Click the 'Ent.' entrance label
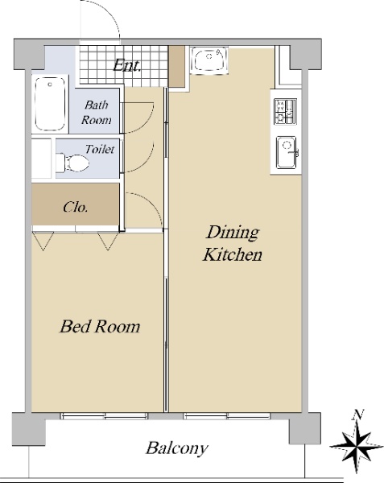coord(126,65)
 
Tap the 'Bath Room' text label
coord(96,113)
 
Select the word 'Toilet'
coord(100,150)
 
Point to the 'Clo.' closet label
coord(76,207)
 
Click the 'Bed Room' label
coord(100,327)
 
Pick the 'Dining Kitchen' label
coord(233,243)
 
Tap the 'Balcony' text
coord(177,448)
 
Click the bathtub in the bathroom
coord(50,104)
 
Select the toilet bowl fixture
coord(72,163)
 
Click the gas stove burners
coord(285,112)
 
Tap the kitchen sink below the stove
coord(287,152)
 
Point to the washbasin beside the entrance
coord(209,60)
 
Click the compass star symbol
coord(357,446)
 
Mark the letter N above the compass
coord(357,415)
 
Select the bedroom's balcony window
coord(104,416)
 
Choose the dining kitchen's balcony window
coord(227,416)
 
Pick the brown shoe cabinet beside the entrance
coord(176,66)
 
